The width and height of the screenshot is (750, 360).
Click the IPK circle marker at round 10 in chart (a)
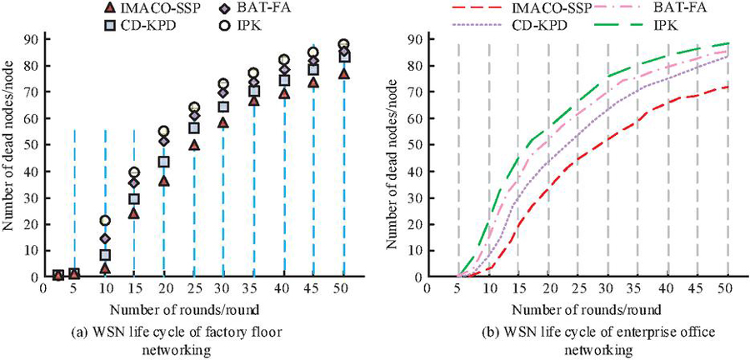point(105,220)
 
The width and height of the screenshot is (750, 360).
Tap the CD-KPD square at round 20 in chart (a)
point(164,162)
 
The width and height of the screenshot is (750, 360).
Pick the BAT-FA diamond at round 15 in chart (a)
point(134,182)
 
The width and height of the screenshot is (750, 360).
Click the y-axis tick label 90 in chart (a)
point(30,38)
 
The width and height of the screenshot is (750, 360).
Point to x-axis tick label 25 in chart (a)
point(193,289)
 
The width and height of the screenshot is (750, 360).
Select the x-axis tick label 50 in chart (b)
point(727,289)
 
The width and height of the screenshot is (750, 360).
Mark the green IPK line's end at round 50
point(727,43)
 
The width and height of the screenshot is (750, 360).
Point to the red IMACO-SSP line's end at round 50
point(727,87)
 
